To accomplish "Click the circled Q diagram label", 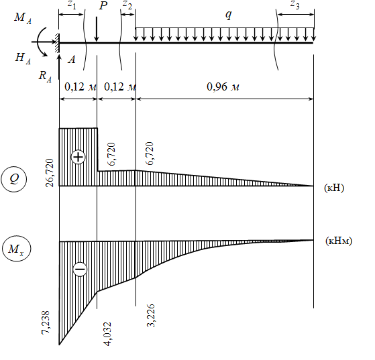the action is pyautogui.click(x=14, y=179).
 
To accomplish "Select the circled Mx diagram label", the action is pyautogui.click(x=17, y=249).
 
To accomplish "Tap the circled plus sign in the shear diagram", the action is pyautogui.click(x=78, y=157).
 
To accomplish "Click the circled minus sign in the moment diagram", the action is pyautogui.click(x=80, y=269).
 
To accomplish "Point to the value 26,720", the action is pyautogui.click(x=50, y=172).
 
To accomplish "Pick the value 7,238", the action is pyautogui.click(x=46, y=322).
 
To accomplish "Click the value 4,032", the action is pyautogui.click(x=107, y=334).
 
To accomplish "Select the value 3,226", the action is pyautogui.click(x=150, y=316).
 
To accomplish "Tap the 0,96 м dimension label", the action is pyautogui.click(x=223, y=86).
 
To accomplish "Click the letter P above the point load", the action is pyautogui.click(x=103, y=6).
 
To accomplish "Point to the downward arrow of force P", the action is pyautogui.click(x=97, y=29).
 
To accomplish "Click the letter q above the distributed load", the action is pyautogui.click(x=229, y=15).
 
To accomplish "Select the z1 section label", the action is pyautogui.click(x=72, y=5).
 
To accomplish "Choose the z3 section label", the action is pyautogui.click(x=295, y=5).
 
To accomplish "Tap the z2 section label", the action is pyautogui.click(x=127, y=5).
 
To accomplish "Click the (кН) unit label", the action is pyautogui.click(x=334, y=188).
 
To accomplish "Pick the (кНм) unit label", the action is pyautogui.click(x=339, y=241).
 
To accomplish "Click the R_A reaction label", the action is pyautogui.click(x=45, y=76).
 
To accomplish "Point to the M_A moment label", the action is pyautogui.click(x=23, y=17).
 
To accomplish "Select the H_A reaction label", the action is pyautogui.click(x=23, y=58).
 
